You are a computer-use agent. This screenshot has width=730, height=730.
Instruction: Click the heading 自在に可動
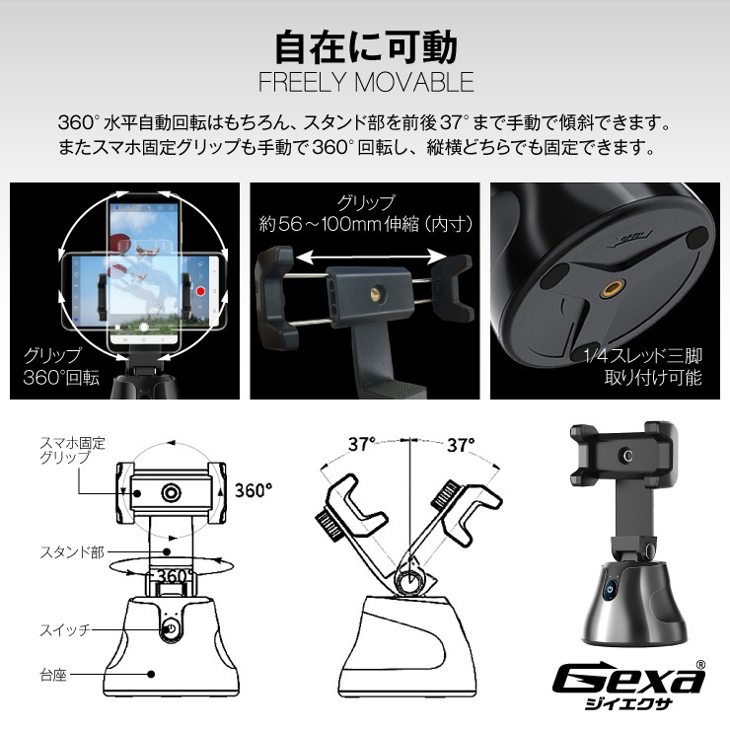[x=365, y=43]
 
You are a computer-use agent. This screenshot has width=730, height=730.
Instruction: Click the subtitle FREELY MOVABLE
[x=365, y=81]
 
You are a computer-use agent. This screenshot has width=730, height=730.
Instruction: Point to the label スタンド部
[x=72, y=552]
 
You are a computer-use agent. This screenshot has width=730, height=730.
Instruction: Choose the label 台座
[x=55, y=675]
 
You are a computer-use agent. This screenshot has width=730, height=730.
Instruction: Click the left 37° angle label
[x=362, y=444]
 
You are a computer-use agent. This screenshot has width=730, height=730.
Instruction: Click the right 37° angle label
[x=460, y=444]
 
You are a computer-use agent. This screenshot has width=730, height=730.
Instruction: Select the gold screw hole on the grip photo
[x=374, y=289]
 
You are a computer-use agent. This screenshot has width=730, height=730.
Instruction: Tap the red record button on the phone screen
[x=199, y=293]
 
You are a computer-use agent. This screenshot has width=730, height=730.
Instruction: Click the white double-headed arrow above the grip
[x=365, y=256]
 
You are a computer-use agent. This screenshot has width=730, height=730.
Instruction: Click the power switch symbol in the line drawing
[x=169, y=628]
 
